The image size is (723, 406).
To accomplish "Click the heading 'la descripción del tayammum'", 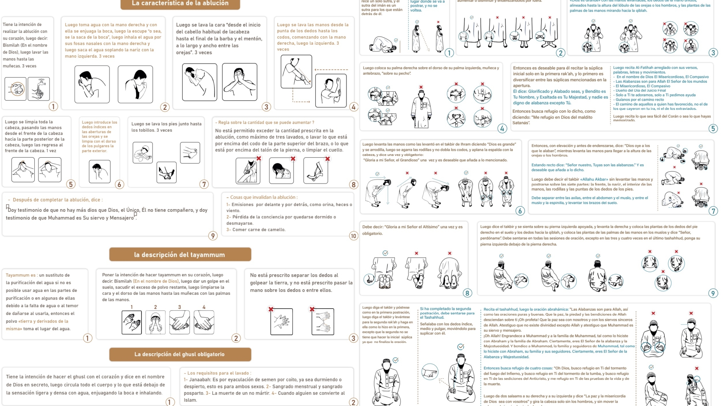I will (x=180, y=254).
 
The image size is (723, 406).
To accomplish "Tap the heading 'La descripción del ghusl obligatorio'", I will (x=180, y=354).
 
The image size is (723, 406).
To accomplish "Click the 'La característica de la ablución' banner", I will (x=180, y=3).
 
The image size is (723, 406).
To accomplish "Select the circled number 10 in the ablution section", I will (x=353, y=236).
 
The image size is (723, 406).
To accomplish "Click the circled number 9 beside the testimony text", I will (x=213, y=236).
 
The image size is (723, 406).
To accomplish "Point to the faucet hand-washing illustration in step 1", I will (x=39, y=89).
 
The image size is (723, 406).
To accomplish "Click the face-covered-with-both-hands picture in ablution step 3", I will (x=239, y=82).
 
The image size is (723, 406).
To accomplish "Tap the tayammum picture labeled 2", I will (x=155, y=322).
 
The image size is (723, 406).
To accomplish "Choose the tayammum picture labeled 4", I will (x=204, y=322).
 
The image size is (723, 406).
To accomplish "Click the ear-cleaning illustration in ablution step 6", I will (x=99, y=171).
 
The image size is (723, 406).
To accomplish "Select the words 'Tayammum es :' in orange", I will (x=21, y=275).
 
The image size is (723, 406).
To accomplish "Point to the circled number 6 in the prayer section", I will (x=520, y=211).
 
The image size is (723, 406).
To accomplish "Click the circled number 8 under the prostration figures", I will (x=467, y=293).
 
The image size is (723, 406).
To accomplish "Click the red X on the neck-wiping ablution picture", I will (x=293, y=159).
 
